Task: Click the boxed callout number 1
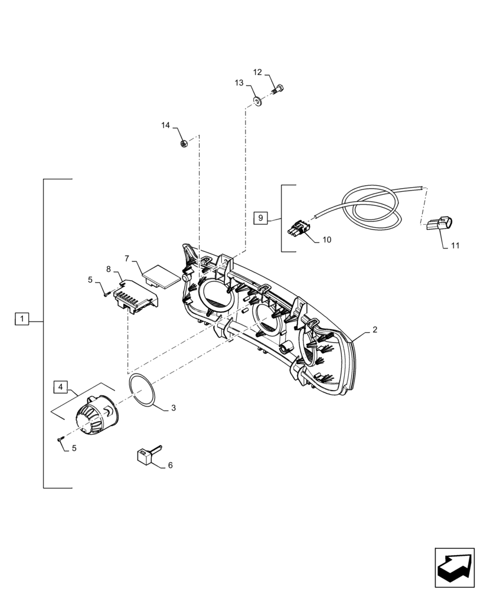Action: tap(21, 319)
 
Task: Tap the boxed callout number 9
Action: tap(261, 218)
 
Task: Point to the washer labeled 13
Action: tap(259, 101)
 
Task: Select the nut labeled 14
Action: tap(184, 143)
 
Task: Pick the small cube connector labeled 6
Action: tap(143, 455)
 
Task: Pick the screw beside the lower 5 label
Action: tap(61, 438)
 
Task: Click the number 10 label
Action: tap(327, 240)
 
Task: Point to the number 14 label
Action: tap(166, 125)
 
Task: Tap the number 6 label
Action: tap(170, 466)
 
